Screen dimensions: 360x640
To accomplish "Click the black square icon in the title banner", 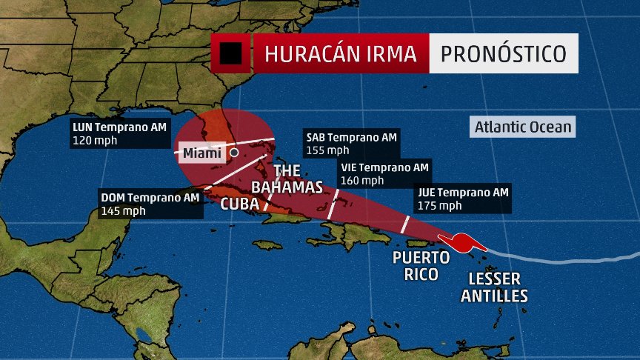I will coord(230,53).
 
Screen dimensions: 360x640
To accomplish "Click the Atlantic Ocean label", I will coord(524,127).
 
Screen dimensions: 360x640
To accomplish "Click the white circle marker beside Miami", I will coord(234,153).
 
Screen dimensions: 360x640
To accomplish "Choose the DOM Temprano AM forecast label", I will coord(150,197).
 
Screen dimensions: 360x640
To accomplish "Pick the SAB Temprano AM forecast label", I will coord(352,137).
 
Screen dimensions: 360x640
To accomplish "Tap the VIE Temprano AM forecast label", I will coord(384,167).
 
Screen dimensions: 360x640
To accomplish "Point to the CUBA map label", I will coord(239,203).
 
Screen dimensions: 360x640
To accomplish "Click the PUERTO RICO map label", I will coord(421,266).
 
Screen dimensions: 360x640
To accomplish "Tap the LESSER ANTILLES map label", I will coord(494,287).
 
